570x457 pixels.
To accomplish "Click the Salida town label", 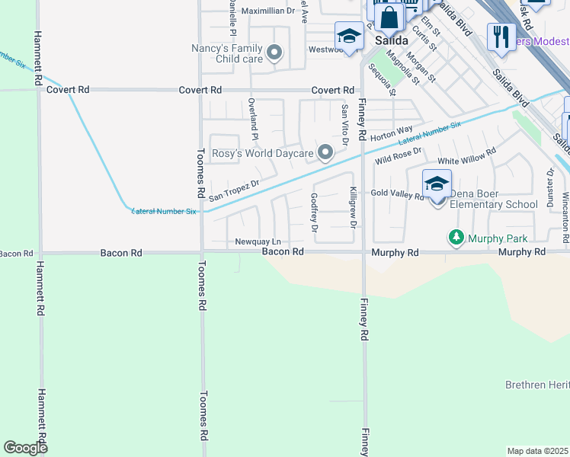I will (390, 40).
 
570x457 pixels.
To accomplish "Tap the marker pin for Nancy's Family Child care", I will (274, 53).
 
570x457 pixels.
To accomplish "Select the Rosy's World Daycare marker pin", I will (325, 153).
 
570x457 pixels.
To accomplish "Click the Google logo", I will (25, 448).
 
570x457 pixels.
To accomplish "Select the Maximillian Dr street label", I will (267, 11).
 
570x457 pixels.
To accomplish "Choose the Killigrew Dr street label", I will (353, 207).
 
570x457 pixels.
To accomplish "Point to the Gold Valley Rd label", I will (396, 195).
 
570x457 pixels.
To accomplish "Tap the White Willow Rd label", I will (466, 161).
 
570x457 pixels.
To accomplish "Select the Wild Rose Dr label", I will (399, 157).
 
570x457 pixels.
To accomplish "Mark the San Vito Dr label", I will (344, 125).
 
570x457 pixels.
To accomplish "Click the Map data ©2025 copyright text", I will (537, 451).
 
